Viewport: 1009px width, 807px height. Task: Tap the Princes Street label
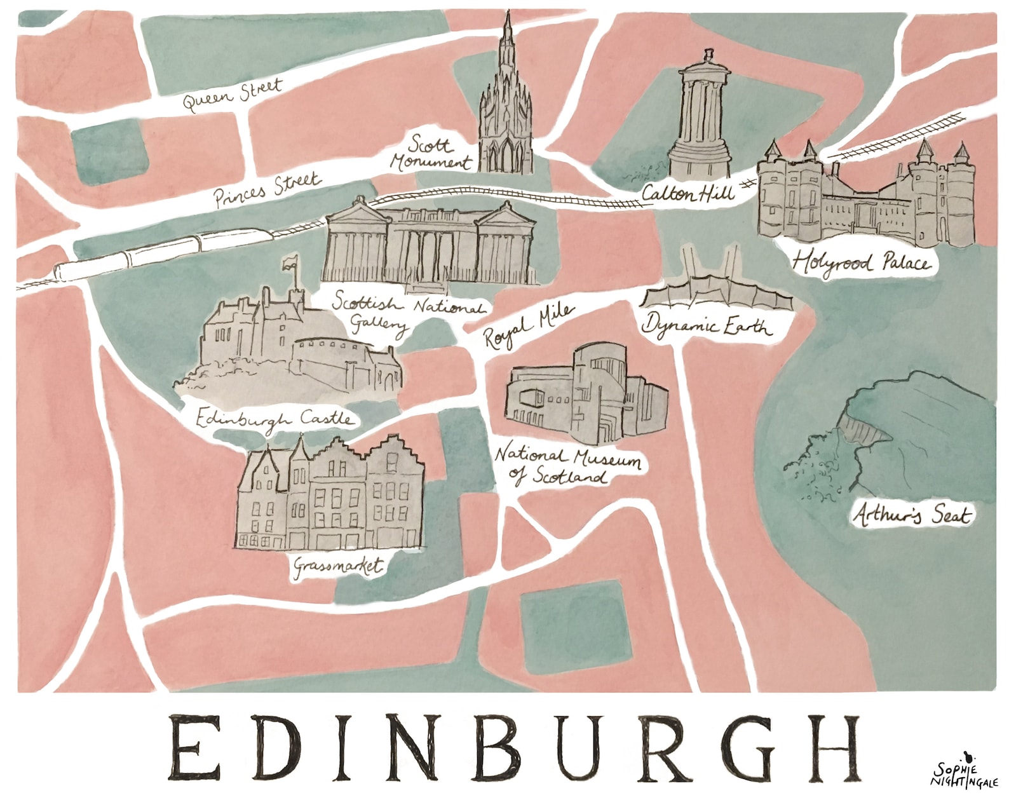point(267,189)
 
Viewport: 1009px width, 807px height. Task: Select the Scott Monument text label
point(430,154)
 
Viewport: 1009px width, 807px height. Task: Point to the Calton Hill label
point(687,192)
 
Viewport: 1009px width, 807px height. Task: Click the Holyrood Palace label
point(861,263)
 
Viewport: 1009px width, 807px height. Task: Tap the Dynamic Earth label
point(707,325)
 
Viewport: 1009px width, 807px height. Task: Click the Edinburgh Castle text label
point(273,419)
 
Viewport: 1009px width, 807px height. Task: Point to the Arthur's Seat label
point(912,515)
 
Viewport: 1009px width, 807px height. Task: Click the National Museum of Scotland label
point(567,465)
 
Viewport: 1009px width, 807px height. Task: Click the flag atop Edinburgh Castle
point(290,261)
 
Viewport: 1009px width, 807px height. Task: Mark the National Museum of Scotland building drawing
point(586,395)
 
